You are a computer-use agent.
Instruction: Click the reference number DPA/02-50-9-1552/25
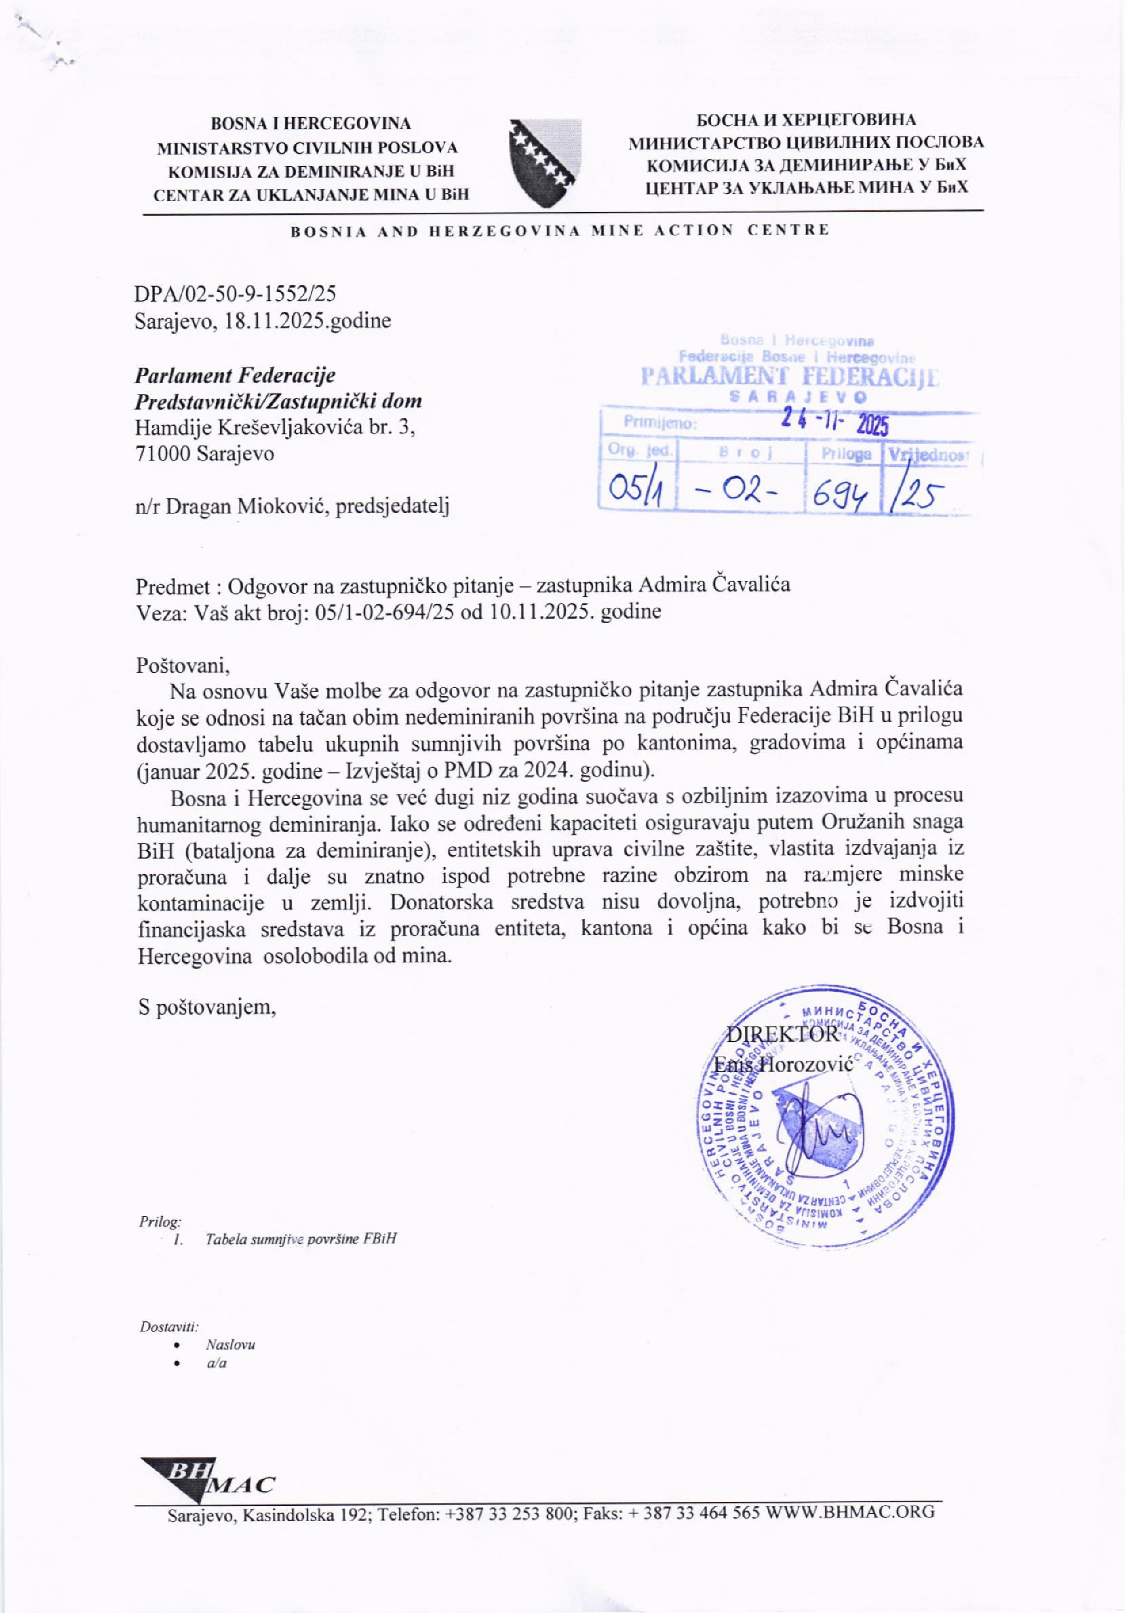pyautogui.click(x=240, y=293)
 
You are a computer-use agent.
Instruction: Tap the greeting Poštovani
pyautogui.click(x=182, y=664)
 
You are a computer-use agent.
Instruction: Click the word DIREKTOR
pyautogui.click(x=782, y=1033)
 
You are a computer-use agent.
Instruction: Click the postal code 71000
pyautogui.click(x=163, y=454)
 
